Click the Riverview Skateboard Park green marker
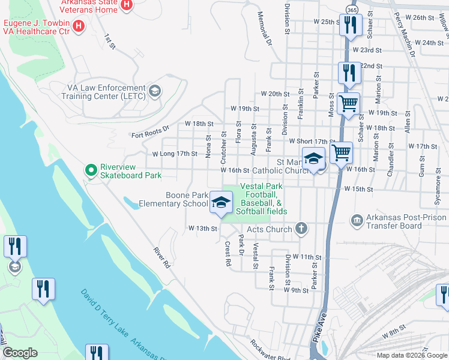(91, 171)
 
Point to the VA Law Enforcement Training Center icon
(155, 91)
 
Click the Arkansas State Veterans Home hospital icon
(126, 6)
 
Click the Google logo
(20, 352)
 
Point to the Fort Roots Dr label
(151, 131)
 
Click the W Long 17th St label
(175, 154)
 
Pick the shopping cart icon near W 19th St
(348, 104)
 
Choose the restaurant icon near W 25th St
(349, 25)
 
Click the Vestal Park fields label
(261, 199)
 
